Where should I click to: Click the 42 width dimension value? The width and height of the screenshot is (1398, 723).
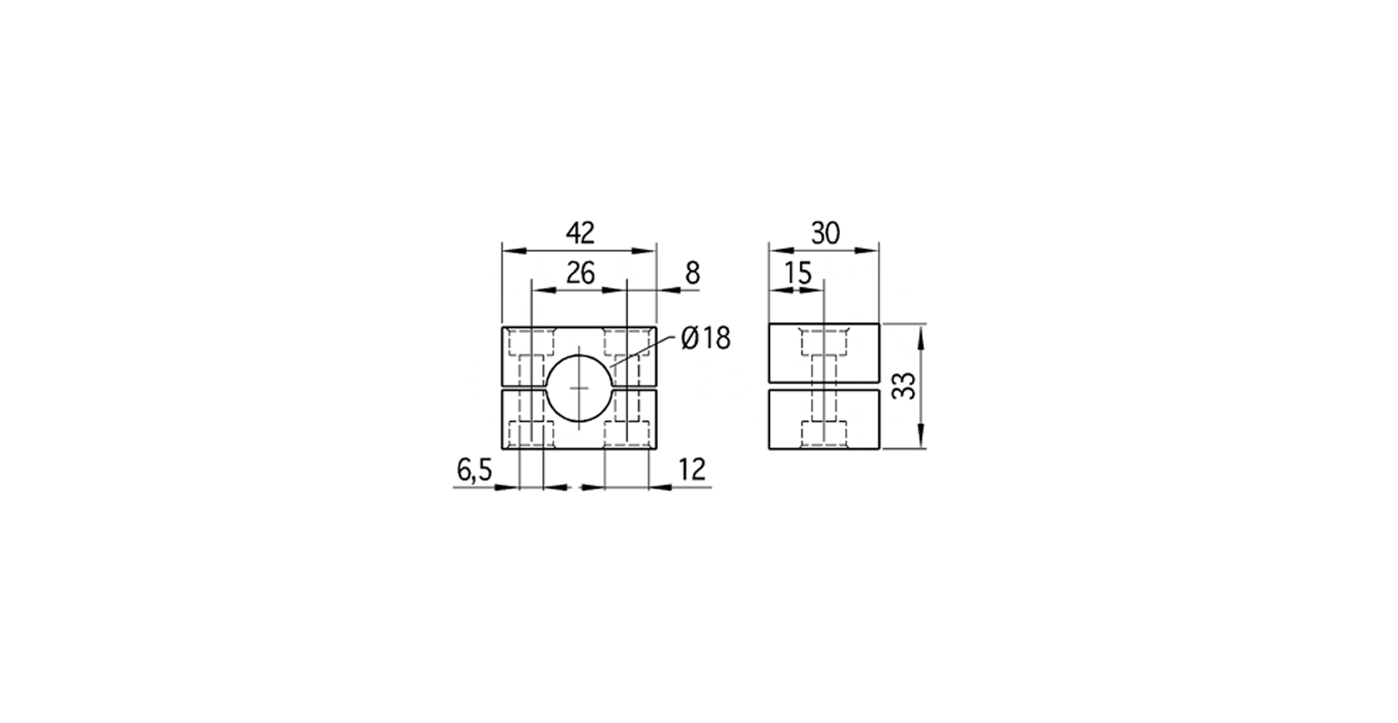(x=580, y=233)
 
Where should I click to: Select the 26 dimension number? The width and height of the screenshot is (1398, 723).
(x=580, y=272)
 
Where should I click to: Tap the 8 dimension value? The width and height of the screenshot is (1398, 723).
(x=693, y=272)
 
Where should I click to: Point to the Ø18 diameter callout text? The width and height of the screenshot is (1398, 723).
(x=705, y=339)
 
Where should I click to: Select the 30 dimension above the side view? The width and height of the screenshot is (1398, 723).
(x=825, y=233)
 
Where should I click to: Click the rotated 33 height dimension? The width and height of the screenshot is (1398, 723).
(x=903, y=387)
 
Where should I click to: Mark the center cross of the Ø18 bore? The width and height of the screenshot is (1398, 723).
(x=579, y=388)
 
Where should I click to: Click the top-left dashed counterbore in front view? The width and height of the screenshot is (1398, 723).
(x=531, y=343)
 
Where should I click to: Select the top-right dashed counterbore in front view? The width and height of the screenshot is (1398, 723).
(x=627, y=343)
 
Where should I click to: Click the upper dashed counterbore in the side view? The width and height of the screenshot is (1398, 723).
(x=824, y=343)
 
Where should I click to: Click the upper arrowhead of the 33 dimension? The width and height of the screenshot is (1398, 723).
(x=922, y=333)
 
